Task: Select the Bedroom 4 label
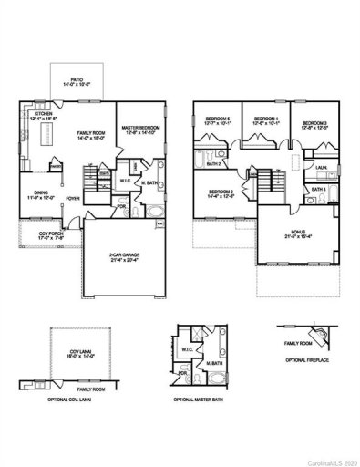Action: click(x=266, y=119)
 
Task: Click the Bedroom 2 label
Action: click(x=221, y=191)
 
